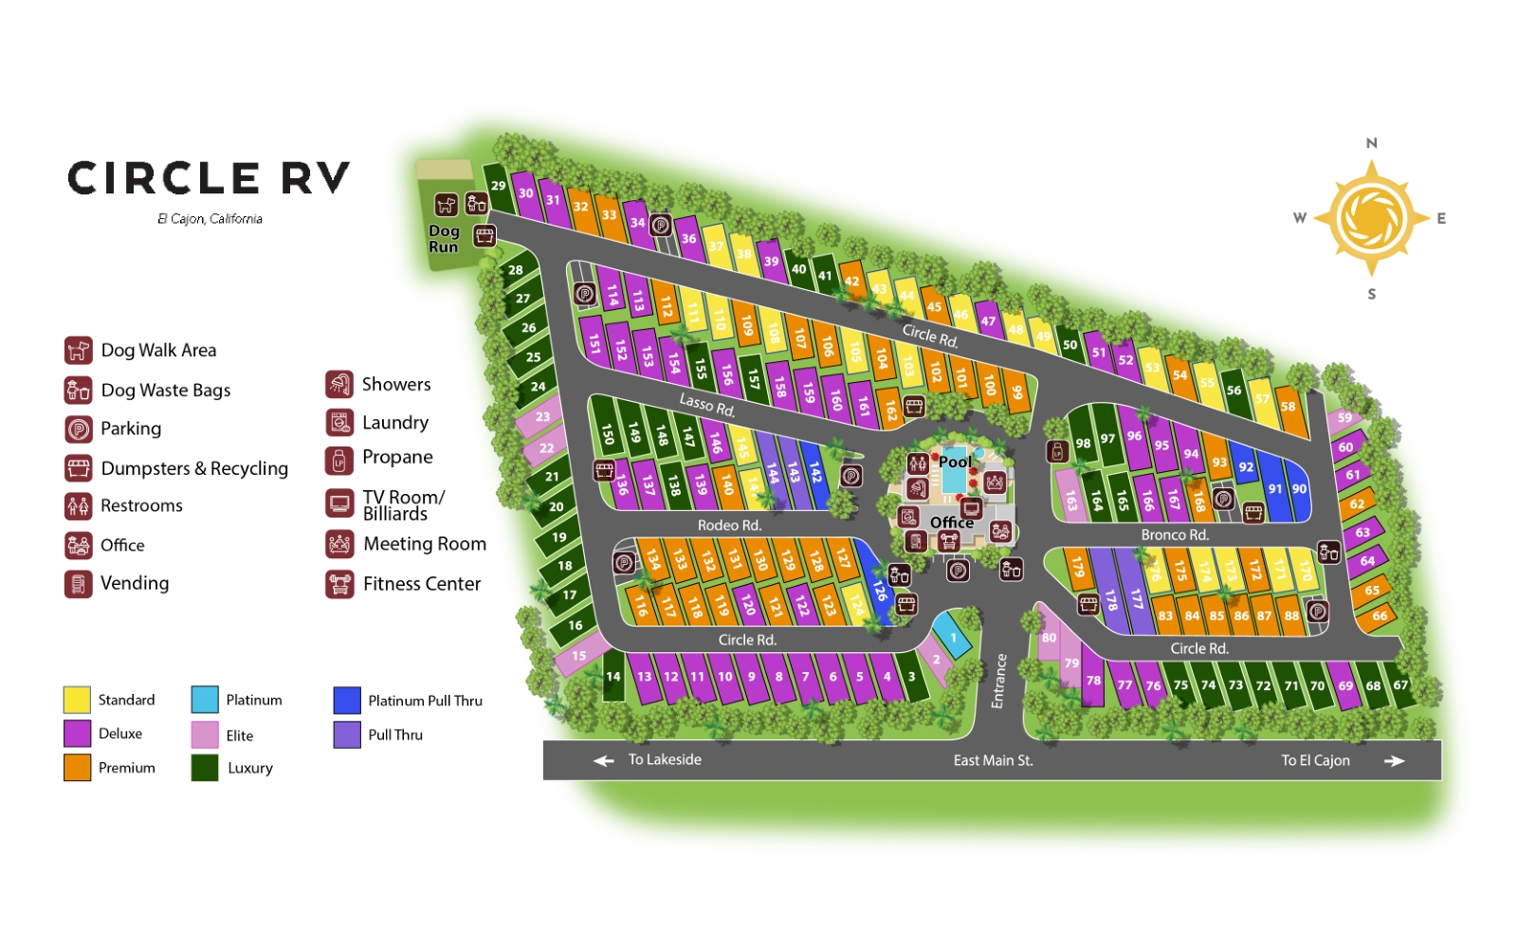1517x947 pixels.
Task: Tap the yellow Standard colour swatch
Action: click(77, 700)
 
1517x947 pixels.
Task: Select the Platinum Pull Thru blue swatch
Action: click(347, 701)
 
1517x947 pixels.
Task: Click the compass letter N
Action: click(1371, 143)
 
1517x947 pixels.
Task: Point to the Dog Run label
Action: click(443, 239)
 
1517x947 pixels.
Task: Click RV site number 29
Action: click(498, 185)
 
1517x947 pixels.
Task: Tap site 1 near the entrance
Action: click(953, 638)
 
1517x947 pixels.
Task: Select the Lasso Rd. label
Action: click(706, 405)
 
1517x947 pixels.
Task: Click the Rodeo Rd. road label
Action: click(729, 525)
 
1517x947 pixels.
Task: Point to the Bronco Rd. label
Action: click(1174, 535)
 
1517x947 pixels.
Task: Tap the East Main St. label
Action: click(993, 760)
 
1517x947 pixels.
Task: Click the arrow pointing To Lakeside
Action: click(603, 760)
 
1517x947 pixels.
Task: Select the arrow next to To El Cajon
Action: click(1394, 760)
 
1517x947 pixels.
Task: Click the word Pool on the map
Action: click(955, 462)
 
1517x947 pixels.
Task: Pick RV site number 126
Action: click(879, 591)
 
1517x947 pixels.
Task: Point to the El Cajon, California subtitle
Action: click(210, 219)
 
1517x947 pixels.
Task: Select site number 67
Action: click(1399, 685)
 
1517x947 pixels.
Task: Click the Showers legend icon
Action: click(338, 384)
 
